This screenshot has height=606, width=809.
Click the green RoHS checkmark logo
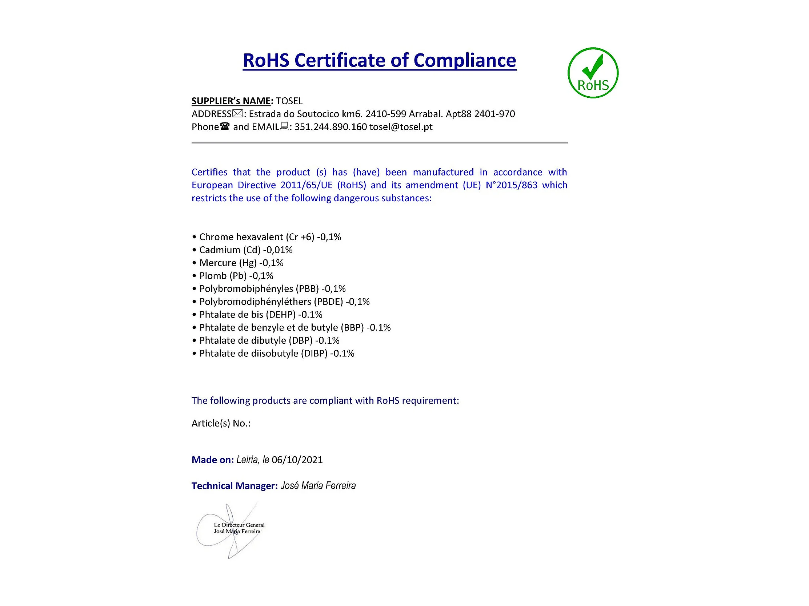tap(593, 73)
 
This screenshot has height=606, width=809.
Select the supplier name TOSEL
tap(289, 101)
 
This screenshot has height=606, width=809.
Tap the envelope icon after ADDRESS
tap(237, 114)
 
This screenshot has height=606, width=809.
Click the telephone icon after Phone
tap(225, 127)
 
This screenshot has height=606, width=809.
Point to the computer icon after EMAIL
tap(284, 127)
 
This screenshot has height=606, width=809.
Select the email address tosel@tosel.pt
tap(401, 127)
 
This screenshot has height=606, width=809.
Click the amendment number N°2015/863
tap(511, 185)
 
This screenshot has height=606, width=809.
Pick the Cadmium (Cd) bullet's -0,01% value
tap(277, 250)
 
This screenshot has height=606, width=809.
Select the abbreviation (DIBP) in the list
tap(314, 353)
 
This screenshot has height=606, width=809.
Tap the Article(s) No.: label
tap(221, 423)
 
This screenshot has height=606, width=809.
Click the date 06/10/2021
tap(297, 460)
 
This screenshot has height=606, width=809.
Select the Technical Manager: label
tap(235, 486)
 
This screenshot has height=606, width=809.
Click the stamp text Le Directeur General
tap(239, 525)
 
